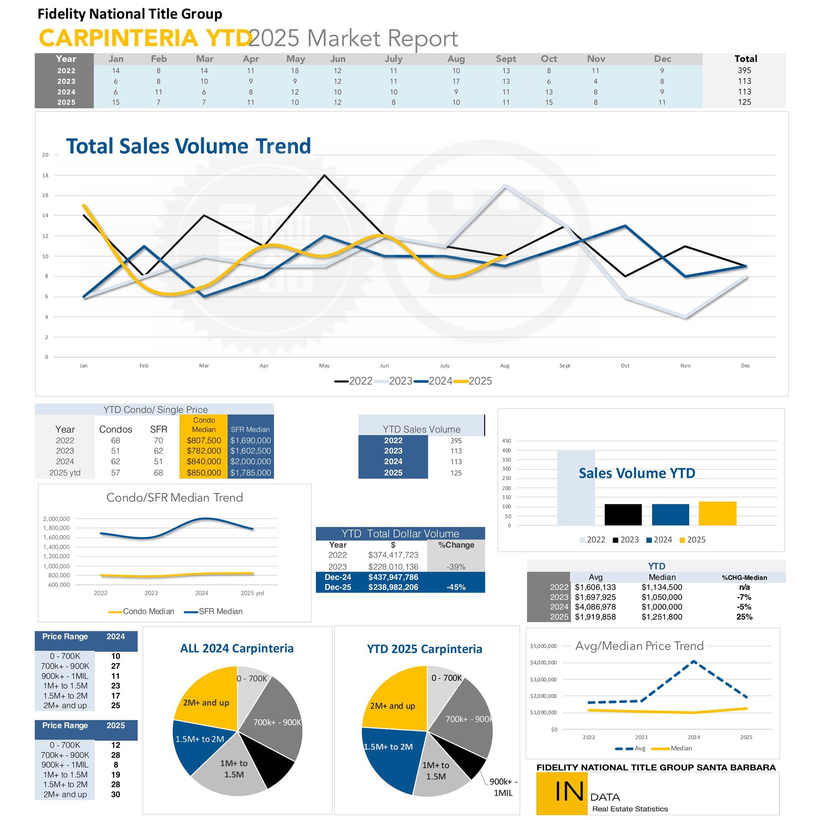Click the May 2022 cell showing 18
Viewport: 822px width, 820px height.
295,71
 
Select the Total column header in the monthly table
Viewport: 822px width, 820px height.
745,59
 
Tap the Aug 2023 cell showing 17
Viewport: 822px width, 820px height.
456,81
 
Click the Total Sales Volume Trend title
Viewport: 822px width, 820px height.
188,146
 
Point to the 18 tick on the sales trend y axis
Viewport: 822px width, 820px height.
45,176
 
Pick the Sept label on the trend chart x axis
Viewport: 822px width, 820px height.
565,366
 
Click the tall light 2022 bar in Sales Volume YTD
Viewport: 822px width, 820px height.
576,488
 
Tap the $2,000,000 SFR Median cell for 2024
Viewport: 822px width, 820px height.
250,462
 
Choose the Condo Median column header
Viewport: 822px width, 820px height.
204,425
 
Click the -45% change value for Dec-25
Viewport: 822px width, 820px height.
456,587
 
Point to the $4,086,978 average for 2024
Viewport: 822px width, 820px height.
595,607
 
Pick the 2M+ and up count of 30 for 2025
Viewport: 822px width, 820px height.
116,794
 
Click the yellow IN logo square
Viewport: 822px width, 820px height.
562,793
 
